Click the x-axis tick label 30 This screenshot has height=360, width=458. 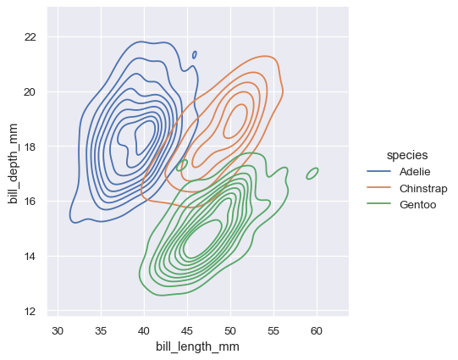pyautogui.click(x=58, y=329)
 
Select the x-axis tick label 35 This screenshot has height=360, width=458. pyautogui.click(x=101, y=329)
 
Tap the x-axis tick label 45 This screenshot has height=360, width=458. pyautogui.click(x=187, y=329)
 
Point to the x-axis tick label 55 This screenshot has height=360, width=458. pyautogui.click(x=273, y=329)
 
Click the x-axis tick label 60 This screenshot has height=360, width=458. pyautogui.click(x=317, y=329)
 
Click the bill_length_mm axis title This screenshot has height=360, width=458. pyautogui.click(x=197, y=346)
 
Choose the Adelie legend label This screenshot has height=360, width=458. pyautogui.click(x=417, y=172)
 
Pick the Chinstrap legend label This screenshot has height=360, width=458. pyautogui.click(x=423, y=188)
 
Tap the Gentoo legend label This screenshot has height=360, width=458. pyautogui.click(x=417, y=204)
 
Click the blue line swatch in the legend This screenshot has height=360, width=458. pyautogui.click(x=378, y=172)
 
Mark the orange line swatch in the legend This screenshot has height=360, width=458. pyautogui.click(x=378, y=188)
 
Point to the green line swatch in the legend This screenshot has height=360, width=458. pyautogui.click(x=378, y=204)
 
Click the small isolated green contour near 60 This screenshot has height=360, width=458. pyautogui.click(x=312, y=174)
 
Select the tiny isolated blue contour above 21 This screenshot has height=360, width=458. pyautogui.click(x=195, y=55)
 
